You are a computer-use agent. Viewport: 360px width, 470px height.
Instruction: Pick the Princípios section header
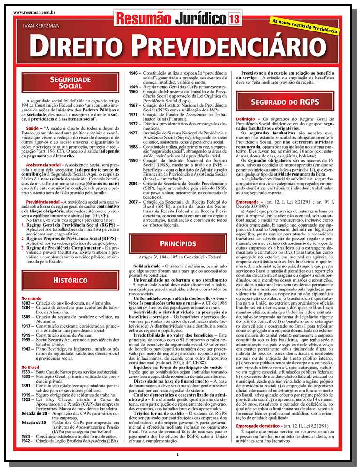point(177,243)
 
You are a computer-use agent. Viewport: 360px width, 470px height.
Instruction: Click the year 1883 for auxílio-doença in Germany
point(26,304)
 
